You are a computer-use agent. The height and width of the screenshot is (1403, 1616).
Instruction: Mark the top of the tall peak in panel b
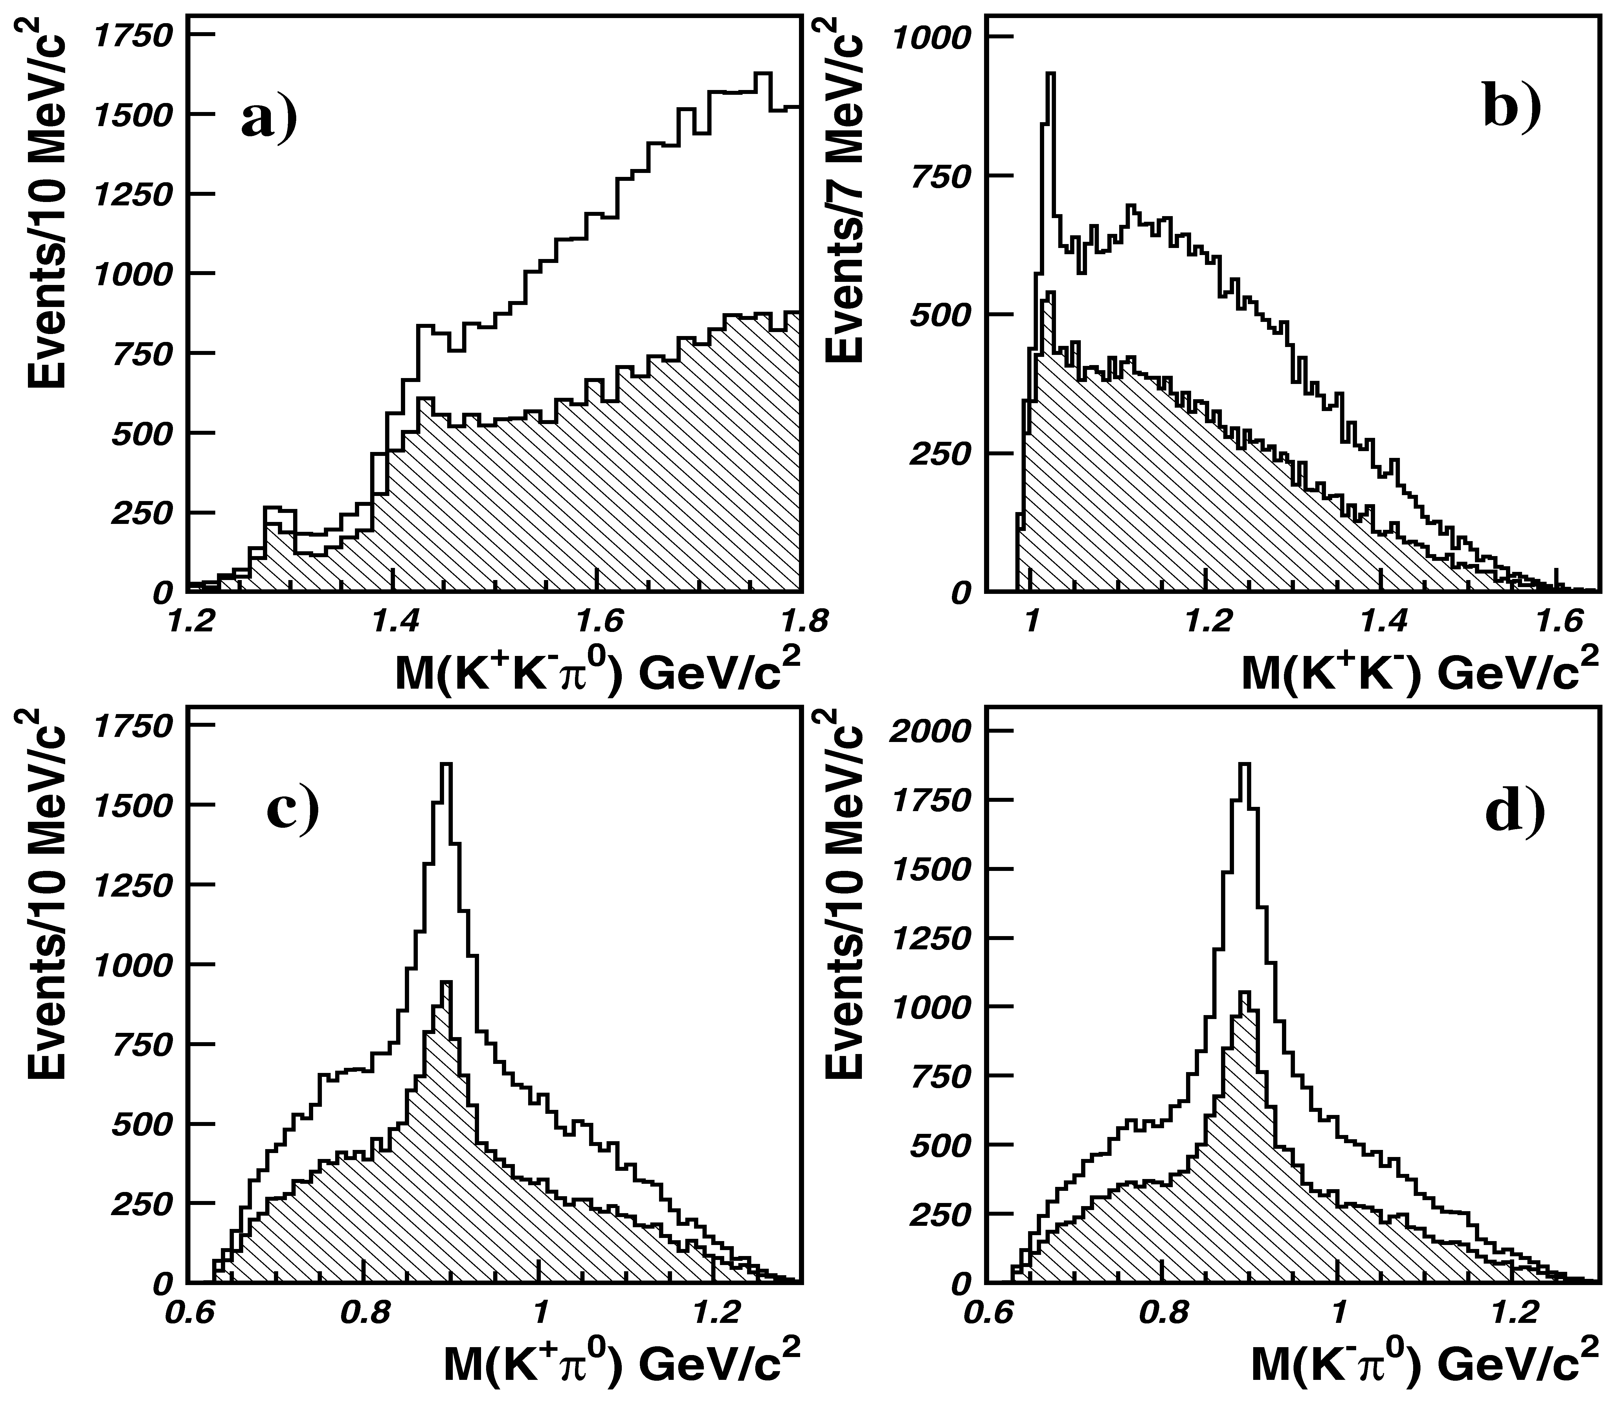[x=1051, y=74]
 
